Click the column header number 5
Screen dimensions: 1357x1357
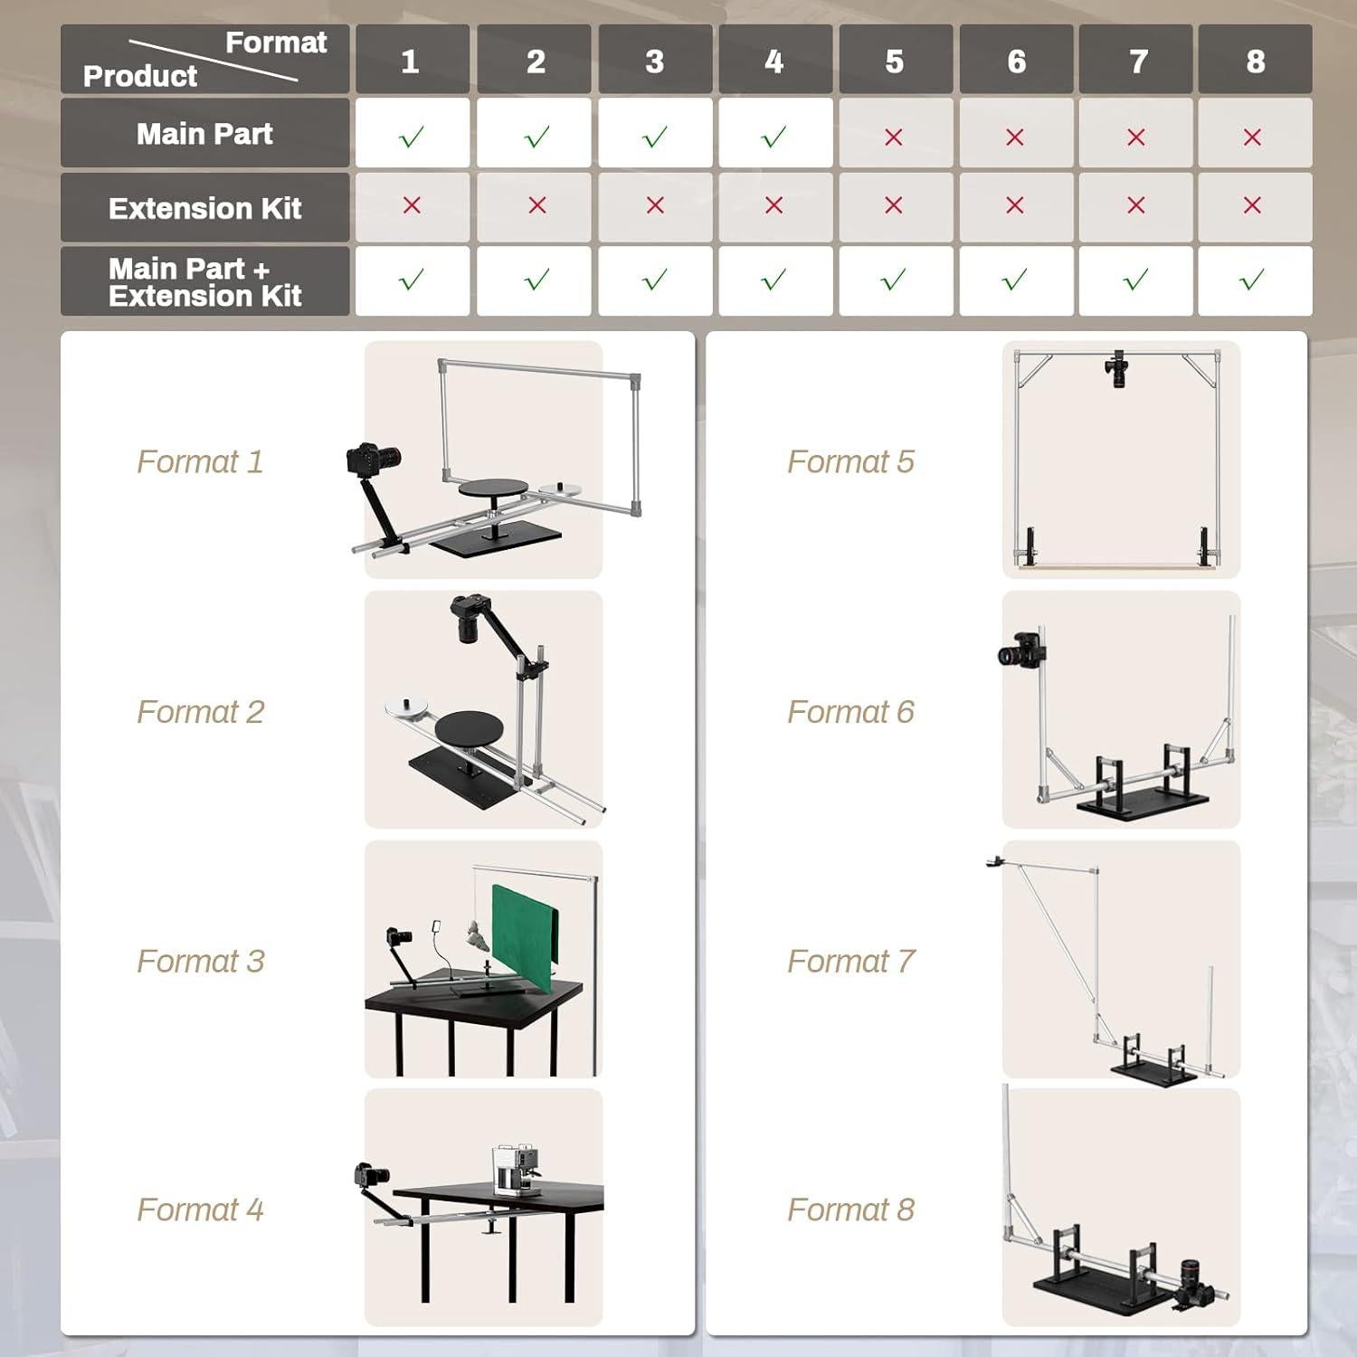[x=894, y=62]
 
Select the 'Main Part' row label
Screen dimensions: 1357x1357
[x=204, y=134]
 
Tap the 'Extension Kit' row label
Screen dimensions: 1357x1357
[x=204, y=208]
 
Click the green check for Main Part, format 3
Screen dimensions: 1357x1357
[x=654, y=137]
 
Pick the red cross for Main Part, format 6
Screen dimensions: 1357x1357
[x=1015, y=137]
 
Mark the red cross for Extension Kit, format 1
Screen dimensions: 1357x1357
[x=412, y=205]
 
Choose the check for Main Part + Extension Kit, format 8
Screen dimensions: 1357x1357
[x=1252, y=280]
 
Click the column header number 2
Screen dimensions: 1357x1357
[x=536, y=62]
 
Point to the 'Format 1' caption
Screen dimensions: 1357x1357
[x=200, y=461]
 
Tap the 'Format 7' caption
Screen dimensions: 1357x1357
[x=851, y=961]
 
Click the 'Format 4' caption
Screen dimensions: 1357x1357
[x=200, y=1210]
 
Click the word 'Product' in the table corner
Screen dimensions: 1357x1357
[x=140, y=76]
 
